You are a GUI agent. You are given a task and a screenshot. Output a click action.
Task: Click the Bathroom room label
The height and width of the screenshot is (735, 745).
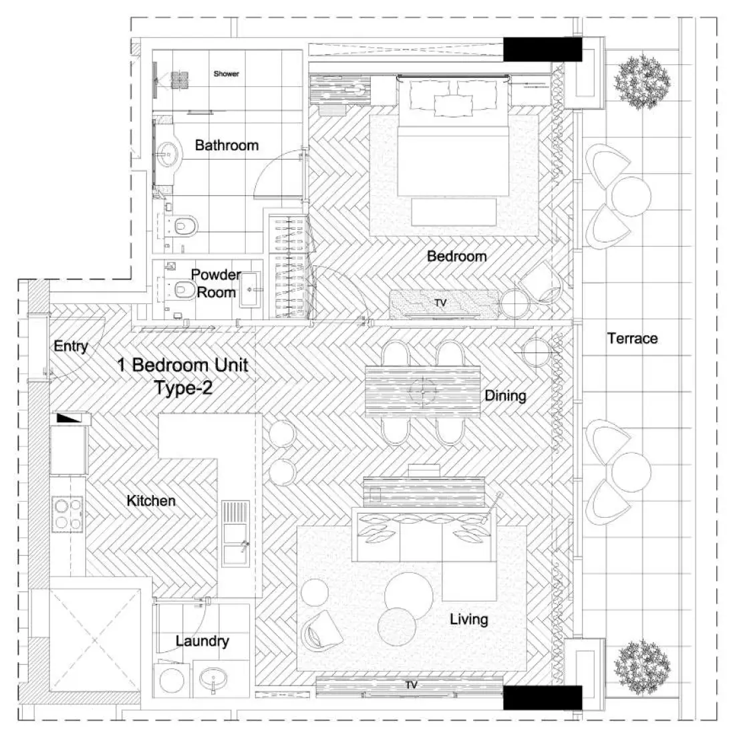(227, 145)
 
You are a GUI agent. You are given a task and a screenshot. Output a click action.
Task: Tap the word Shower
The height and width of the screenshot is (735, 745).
(227, 73)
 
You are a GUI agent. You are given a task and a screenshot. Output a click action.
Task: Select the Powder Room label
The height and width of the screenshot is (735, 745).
(215, 283)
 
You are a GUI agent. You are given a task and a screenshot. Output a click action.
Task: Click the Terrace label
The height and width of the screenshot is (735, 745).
(632, 338)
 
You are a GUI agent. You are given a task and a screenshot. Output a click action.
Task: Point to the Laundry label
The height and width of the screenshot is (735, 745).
(202, 641)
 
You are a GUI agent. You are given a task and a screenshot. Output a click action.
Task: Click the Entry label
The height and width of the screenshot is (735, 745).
(70, 346)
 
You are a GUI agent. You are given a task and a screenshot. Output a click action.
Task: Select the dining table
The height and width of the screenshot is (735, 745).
(424, 390)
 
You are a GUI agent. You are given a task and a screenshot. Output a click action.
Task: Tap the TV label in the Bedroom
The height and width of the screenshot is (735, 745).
(440, 303)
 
